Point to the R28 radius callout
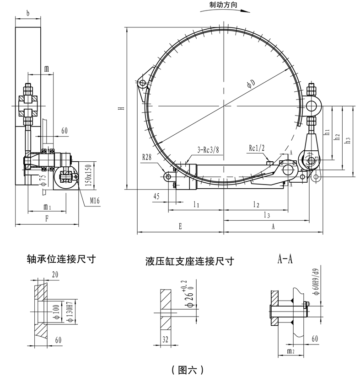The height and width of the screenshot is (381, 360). pos(146,157)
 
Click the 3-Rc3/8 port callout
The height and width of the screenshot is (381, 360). pos(206,149)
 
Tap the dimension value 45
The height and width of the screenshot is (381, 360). pos(157,197)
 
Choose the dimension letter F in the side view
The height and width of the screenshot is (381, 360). pos(47,218)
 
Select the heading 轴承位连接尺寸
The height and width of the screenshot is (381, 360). pos(61,260)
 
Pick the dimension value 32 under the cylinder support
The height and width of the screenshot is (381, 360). pos(166,339)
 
